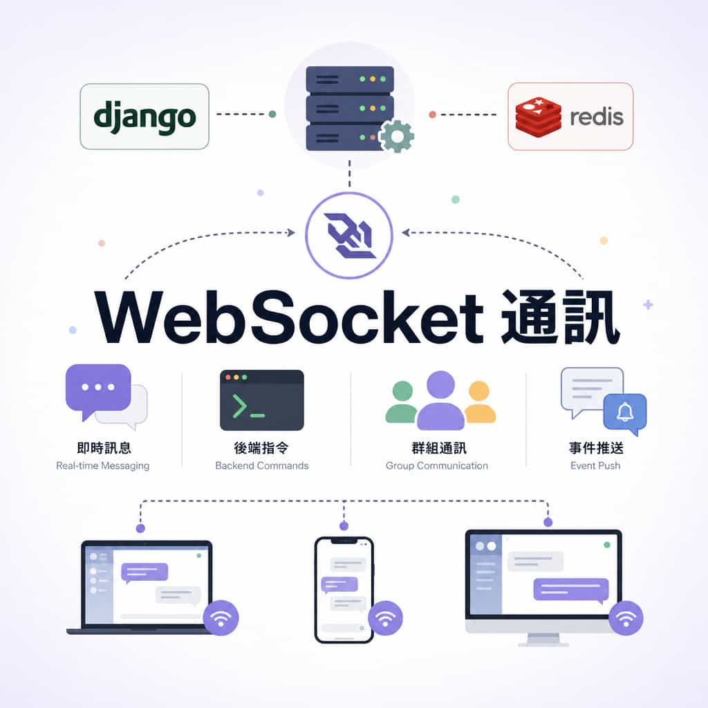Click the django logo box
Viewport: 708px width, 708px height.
click(x=145, y=116)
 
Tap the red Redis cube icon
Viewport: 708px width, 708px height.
click(x=538, y=117)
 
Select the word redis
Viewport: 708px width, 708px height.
click(x=597, y=117)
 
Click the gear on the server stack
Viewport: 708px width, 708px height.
click(x=396, y=136)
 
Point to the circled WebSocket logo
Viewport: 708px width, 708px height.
click(x=349, y=235)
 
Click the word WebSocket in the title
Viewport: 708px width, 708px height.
click(x=289, y=317)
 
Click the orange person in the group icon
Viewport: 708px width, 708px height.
click(x=480, y=402)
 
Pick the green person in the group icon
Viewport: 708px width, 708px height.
click(x=402, y=402)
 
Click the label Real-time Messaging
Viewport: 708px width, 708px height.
click(x=102, y=466)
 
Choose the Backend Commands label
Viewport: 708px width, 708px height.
click(x=262, y=465)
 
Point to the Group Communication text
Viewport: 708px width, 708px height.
click(x=437, y=466)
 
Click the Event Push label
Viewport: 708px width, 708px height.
click(x=595, y=465)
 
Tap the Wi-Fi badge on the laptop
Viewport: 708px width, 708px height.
click(x=221, y=617)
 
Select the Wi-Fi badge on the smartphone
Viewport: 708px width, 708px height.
click(x=385, y=617)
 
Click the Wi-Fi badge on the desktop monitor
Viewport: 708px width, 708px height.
click(x=626, y=617)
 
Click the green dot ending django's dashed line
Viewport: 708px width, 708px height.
click(x=272, y=114)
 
